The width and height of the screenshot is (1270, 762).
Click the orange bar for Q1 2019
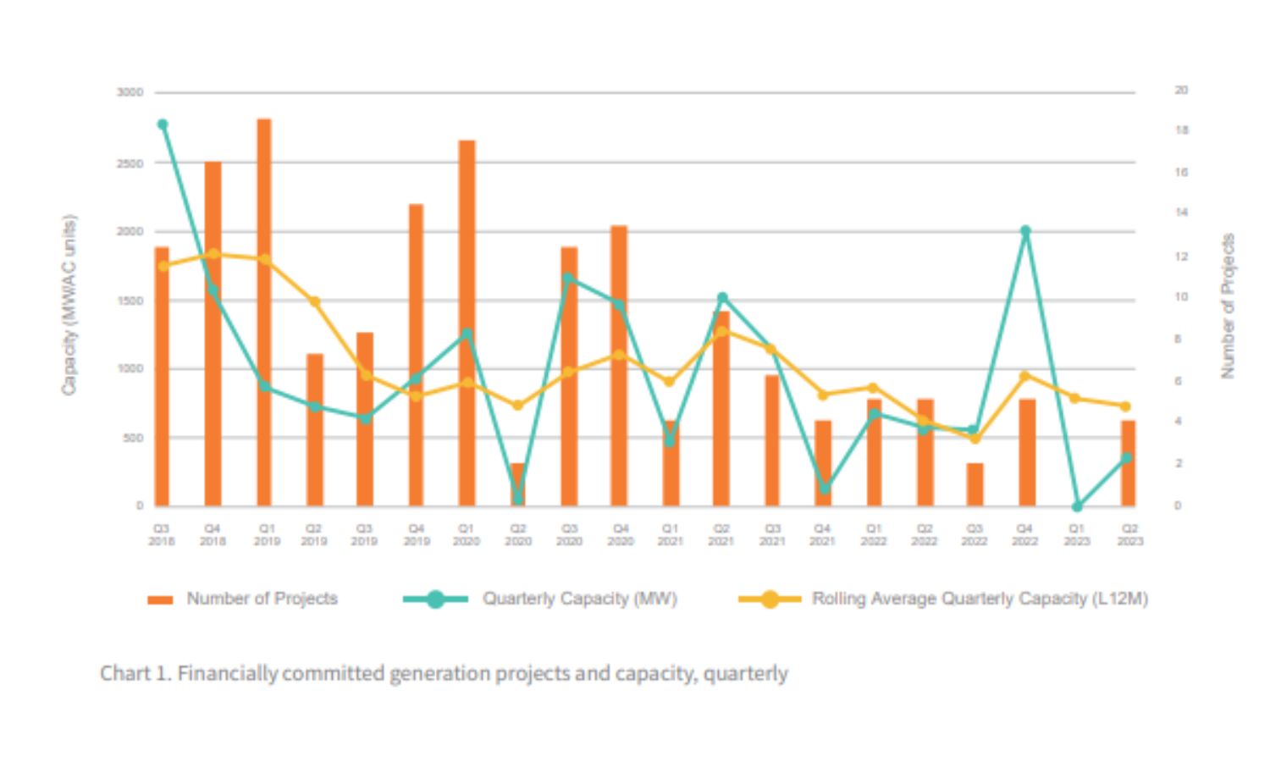pyautogui.click(x=264, y=313)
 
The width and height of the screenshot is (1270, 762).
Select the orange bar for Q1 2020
pyautogui.click(x=467, y=322)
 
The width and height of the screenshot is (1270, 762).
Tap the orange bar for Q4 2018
pyautogui.click(x=213, y=334)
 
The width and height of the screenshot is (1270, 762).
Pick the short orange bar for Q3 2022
pyautogui.click(x=975, y=484)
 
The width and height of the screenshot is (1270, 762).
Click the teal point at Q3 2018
pyautogui.click(x=163, y=124)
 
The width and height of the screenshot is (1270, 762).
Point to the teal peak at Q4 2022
pyautogui.click(x=1025, y=230)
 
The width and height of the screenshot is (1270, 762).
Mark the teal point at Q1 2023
pyautogui.click(x=1077, y=506)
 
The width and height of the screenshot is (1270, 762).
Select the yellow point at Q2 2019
pyautogui.click(x=314, y=301)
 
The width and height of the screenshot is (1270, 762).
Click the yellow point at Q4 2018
pyautogui.click(x=213, y=254)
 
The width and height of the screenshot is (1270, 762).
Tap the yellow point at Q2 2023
pyautogui.click(x=1125, y=406)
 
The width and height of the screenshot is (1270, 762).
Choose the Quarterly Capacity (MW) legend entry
pyautogui.click(x=579, y=599)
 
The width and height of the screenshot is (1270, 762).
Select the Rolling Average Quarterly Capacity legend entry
pyautogui.click(x=979, y=599)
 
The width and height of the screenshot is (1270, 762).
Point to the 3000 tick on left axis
pyautogui.click(x=130, y=92)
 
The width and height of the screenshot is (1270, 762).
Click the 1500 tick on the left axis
pyautogui.click(x=130, y=301)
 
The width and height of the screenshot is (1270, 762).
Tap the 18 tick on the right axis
pyautogui.click(x=1181, y=130)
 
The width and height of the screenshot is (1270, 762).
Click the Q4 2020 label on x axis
pyautogui.click(x=620, y=534)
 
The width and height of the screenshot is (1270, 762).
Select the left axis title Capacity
pyautogui.click(x=69, y=305)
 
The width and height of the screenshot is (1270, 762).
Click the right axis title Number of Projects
pyautogui.click(x=1228, y=305)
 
